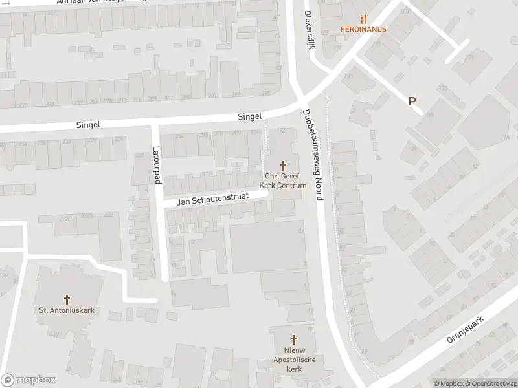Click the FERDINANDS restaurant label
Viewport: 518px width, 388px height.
coord(363,29)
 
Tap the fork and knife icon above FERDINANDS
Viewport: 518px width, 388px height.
coord(363,19)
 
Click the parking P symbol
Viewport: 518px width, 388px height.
coord(412,101)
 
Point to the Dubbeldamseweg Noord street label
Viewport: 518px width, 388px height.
coord(312,155)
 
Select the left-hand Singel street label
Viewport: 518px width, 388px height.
coord(87,124)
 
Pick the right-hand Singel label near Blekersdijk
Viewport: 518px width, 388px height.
coord(249,117)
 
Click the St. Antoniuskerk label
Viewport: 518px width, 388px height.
coord(67,310)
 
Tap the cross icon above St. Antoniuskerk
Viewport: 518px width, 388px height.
coord(67,299)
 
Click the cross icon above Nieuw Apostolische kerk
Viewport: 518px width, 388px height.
coord(294,339)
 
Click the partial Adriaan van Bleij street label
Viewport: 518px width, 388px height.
coord(100,3)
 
